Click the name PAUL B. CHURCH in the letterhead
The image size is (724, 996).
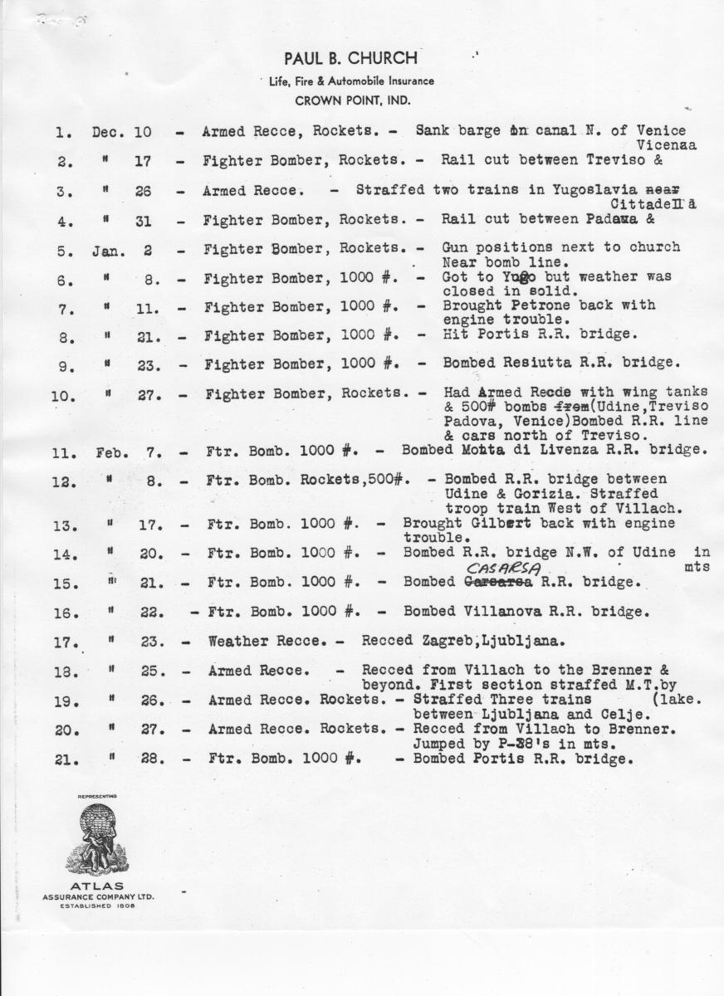(x=350, y=59)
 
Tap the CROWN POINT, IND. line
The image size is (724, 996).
(x=350, y=100)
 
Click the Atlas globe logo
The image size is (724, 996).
(x=98, y=837)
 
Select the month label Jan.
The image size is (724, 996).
(x=109, y=248)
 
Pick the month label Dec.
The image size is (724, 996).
(x=109, y=132)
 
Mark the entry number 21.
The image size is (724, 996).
(x=63, y=759)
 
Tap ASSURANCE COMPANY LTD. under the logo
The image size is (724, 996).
(x=99, y=896)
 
